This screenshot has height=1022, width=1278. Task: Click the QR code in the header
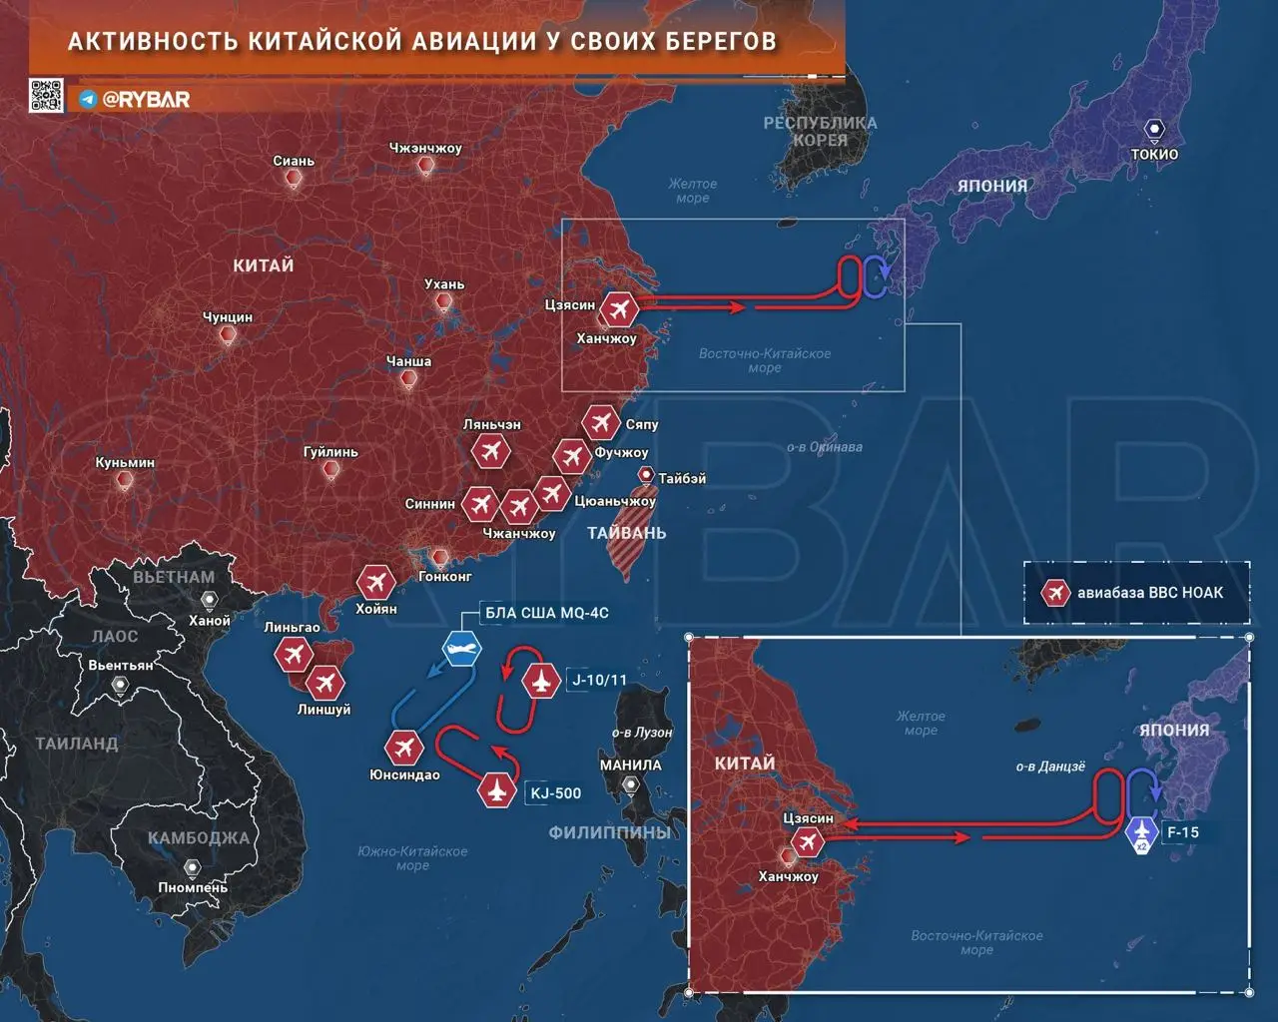pyautogui.click(x=45, y=96)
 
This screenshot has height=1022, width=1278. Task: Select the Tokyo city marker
pyautogui.click(x=1154, y=130)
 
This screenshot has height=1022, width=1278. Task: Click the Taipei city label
pyautogui.click(x=682, y=478)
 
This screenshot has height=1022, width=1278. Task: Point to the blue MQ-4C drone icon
pyautogui.click(x=461, y=649)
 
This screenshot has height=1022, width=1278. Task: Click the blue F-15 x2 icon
pyautogui.click(x=1141, y=832)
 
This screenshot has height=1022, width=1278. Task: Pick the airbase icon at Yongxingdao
pyautogui.click(x=404, y=747)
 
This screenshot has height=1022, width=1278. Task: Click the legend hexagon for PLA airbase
pyautogui.click(x=1054, y=593)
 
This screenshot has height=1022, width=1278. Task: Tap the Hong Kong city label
pyautogui.click(x=445, y=576)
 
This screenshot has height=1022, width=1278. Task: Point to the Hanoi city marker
pyautogui.click(x=209, y=600)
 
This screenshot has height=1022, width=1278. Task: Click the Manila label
pyautogui.click(x=630, y=765)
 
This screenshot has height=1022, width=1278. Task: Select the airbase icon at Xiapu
pyautogui.click(x=601, y=423)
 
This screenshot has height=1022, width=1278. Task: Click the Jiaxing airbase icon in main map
pyautogui.click(x=621, y=308)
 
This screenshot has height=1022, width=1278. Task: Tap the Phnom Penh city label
pyautogui.click(x=193, y=887)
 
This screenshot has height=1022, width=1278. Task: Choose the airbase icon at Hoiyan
pyautogui.click(x=375, y=582)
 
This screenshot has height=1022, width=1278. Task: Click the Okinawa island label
pyautogui.click(x=824, y=447)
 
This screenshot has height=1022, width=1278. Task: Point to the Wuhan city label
pyautogui.click(x=444, y=284)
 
